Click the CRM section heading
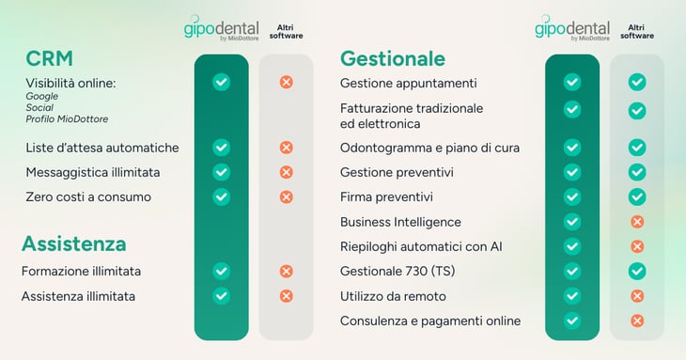point(49,58)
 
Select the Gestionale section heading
point(392,58)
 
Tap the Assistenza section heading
point(73,244)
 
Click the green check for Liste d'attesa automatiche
point(221,148)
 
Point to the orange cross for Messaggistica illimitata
point(287,172)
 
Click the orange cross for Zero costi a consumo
point(287,197)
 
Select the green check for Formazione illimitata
point(221,272)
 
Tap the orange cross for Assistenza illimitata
point(287,296)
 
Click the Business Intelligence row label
point(400,222)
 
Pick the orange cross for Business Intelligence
point(636,222)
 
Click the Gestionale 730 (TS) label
point(394,272)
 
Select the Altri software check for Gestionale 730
point(636,271)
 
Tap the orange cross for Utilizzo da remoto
point(636,296)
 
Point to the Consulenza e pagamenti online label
point(429,321)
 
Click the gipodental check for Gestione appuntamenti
point(571,83)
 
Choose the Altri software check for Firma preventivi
point(636,197)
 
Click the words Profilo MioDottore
point(67,118)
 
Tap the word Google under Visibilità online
point(41,96)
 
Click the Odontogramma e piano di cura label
point(429,148)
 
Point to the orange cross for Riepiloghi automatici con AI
point(636,246)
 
